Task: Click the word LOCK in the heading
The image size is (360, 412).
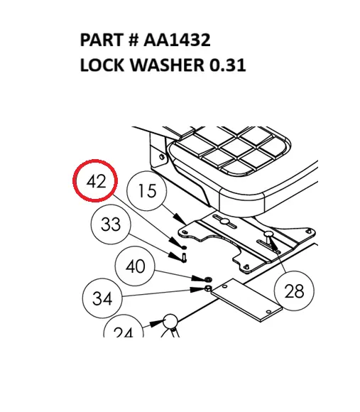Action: (102, 66)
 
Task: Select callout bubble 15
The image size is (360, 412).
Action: (146, 191)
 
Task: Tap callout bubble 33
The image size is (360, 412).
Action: (111, 225)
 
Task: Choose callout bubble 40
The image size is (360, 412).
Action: (135, 266)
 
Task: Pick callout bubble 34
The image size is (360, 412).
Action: (102, 299)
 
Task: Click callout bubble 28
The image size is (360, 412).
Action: (294, 291)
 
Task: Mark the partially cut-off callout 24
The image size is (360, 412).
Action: (123, 330)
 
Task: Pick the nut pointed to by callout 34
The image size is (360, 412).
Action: (206, 289)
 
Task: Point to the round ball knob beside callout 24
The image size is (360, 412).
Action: (170, 322)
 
